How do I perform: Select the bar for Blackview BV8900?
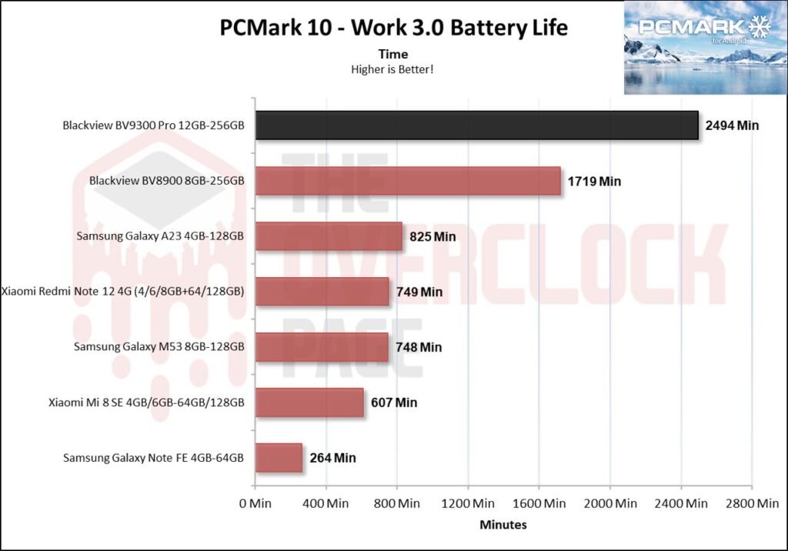[x=407, y=181]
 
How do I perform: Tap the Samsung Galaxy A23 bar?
[x=328, y=236]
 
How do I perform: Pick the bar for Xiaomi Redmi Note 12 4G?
[x=322, y=292]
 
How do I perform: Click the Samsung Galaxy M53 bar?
[x=321, y=347]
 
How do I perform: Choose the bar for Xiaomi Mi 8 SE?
[x=309, y=402]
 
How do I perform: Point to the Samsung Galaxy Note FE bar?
[x=278, y=458]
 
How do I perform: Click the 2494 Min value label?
[x=732, y=125]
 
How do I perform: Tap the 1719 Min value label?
[x=594, y=182]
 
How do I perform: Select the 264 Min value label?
[x=332, y=458]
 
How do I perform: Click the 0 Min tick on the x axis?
[x=254, y=504]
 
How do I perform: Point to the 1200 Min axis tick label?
[x=468, y=504]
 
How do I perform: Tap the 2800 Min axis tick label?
[x=752, y=504]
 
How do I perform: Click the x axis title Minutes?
[x=503, y=525]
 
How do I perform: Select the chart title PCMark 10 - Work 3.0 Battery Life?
[x=393, y=28]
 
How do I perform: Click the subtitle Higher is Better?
[x=393, y=69]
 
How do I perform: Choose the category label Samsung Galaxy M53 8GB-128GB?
[x=159, y=347]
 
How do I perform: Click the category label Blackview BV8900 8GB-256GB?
[x=167, y=181]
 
